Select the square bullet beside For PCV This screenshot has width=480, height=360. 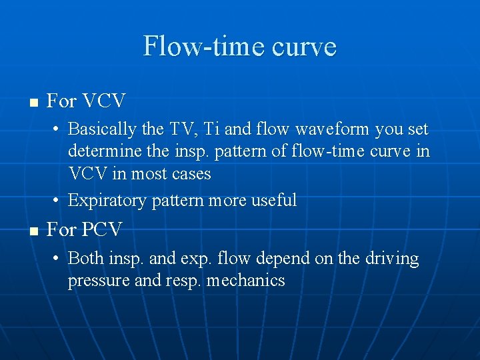pyautogui.click(x=34, y=231)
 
